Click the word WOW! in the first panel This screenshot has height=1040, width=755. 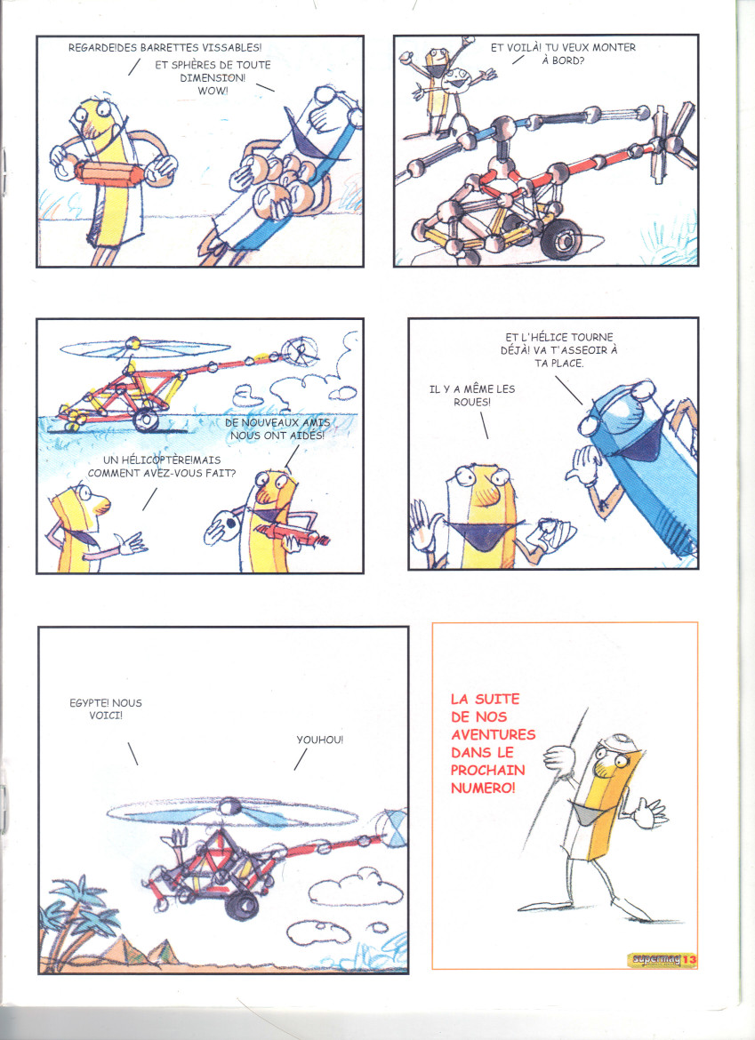[213, 91]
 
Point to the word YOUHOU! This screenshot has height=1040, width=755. [320, 740]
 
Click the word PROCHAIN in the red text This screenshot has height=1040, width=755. [487, 770]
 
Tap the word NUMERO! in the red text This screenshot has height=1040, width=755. [483, 788]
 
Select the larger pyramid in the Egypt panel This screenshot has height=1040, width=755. [123, 950]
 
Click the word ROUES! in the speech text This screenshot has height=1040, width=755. [472, 403]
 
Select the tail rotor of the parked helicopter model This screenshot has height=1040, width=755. [671, 142]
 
